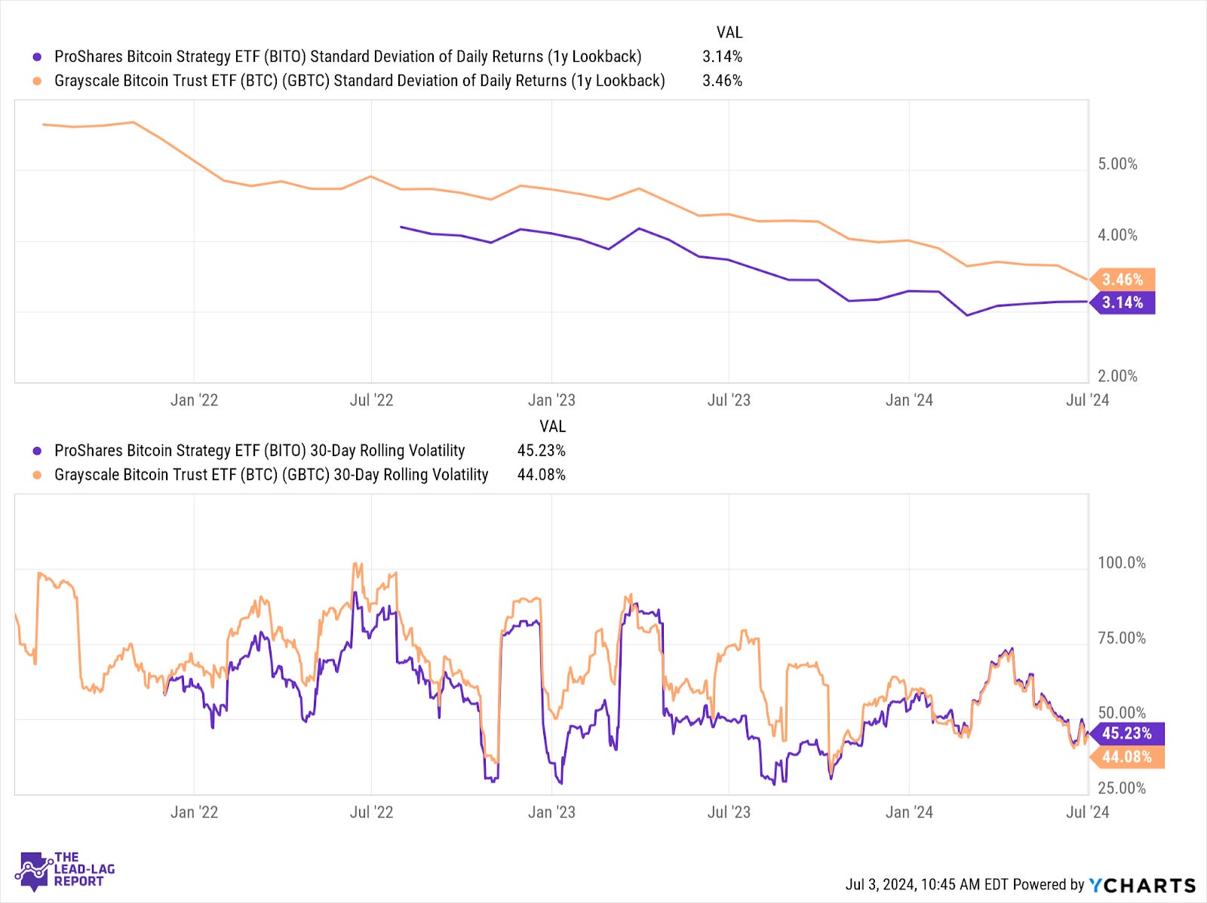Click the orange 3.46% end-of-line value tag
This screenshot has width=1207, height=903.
(1123, 280)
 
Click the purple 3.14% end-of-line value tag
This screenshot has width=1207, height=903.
(1123, 303)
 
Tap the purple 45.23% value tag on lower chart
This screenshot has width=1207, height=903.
(1127, 733)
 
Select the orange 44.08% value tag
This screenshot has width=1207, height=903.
(1127, 757)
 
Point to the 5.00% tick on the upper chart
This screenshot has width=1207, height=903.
(1117, 164)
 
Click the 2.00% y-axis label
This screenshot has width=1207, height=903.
(1117, 376)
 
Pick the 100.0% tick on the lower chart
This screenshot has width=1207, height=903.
(1121, 563)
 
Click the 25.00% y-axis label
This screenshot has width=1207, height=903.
(1121, 788)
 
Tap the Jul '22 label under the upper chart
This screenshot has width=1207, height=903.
(371, 400)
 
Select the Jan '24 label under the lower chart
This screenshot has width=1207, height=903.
(909, 813)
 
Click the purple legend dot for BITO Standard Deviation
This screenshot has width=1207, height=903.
(37, 57)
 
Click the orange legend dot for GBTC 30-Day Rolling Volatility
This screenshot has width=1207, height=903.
(37, 476)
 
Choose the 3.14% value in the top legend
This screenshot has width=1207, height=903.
(722, 57)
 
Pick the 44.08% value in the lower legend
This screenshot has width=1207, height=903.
(541, 475)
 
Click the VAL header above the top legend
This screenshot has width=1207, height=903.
(729, 32)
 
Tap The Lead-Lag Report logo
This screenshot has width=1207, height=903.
(66, 870)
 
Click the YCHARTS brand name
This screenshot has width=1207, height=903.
(1142, 885)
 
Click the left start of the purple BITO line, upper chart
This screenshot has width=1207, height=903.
(401, 227)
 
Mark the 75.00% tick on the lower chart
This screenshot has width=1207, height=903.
(1121, 638)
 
